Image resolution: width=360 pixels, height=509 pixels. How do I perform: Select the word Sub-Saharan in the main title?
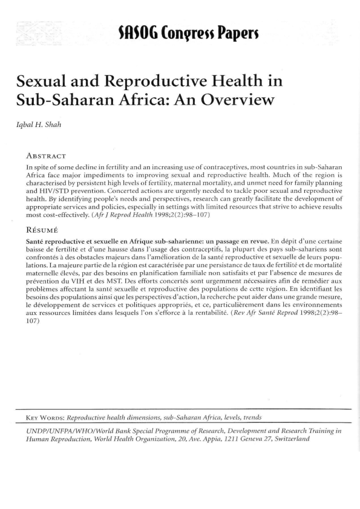[x=54, y=100]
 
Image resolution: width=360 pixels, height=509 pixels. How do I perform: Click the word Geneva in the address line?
[x=237, y=439]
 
